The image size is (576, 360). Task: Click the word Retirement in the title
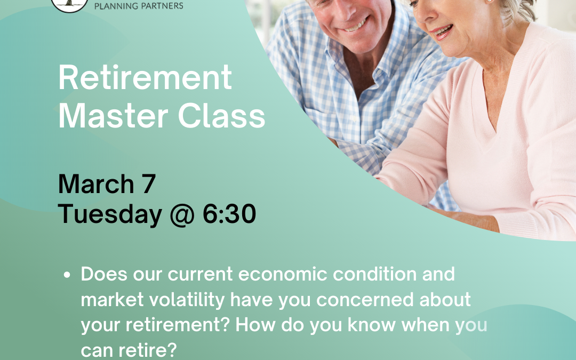(x=145, y=78)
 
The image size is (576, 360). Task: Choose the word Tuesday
(x=110, y=214)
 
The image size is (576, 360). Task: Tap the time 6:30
(x=229, y=214)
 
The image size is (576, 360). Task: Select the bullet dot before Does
(x=67, y=275)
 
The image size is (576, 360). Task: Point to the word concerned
(x=377, y=300)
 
